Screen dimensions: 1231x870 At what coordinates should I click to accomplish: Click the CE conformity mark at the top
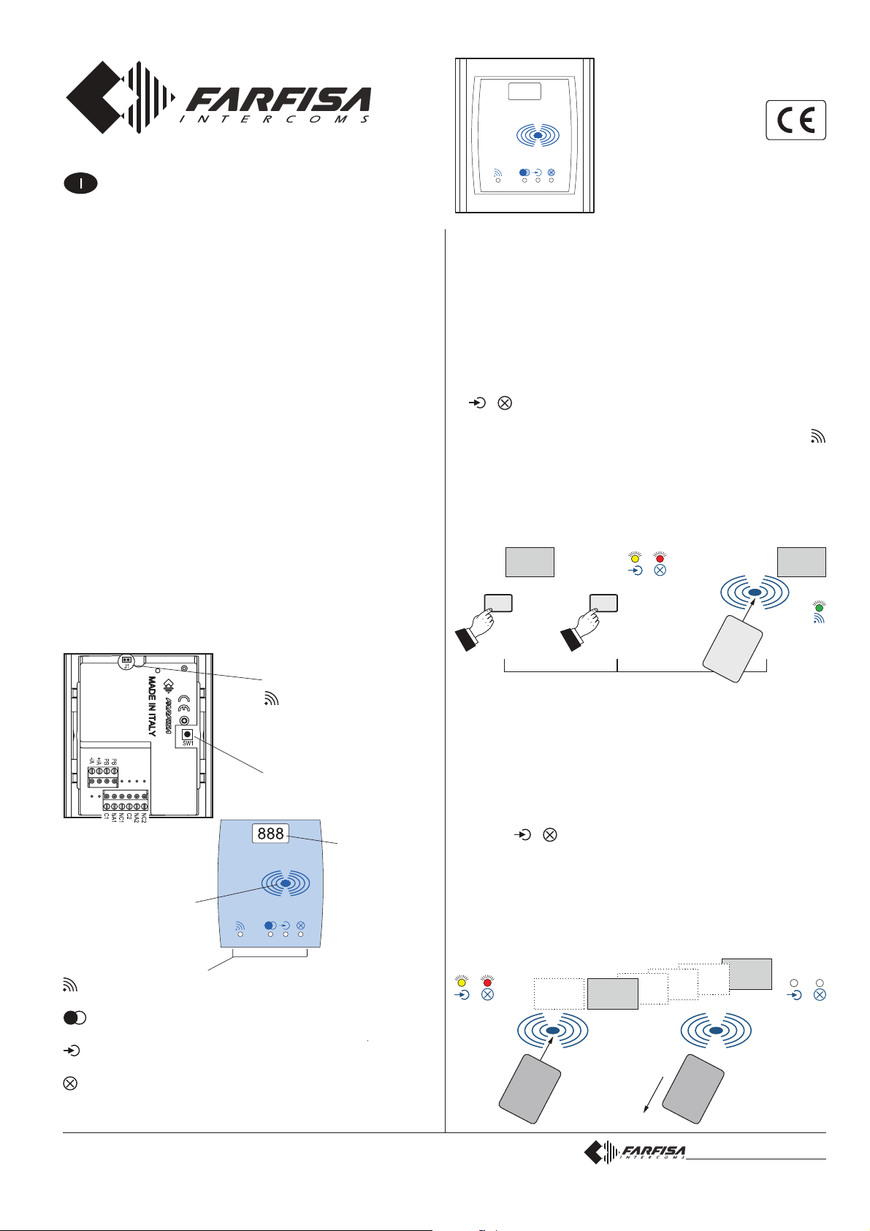795,120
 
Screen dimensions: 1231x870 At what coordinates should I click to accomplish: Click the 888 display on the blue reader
271,834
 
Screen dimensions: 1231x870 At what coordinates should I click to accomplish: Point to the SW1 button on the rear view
187,734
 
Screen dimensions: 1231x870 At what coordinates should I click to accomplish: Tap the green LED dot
820,606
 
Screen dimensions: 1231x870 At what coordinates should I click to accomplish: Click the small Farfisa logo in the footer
635,1153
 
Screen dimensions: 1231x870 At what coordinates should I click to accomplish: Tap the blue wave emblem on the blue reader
286,883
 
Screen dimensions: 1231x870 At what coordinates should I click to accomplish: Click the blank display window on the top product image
524,91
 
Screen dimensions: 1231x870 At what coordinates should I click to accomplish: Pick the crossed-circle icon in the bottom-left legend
70,1083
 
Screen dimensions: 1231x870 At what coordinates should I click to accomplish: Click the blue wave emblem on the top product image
537,136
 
